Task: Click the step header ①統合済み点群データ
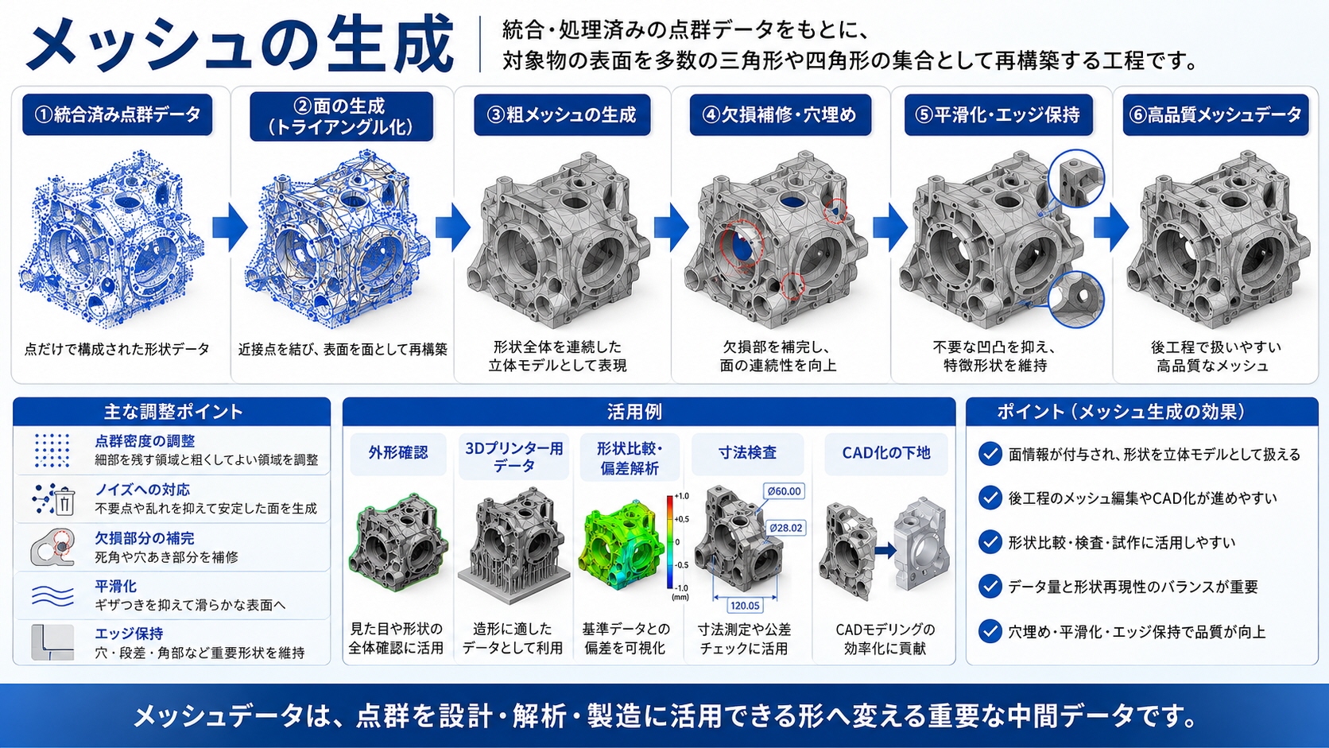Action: (118, 114)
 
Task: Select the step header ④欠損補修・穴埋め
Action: (781, 114)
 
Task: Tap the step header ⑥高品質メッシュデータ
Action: (1215, 114)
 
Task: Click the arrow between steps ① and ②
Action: (230, 227)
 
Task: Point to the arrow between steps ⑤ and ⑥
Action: (1111, 227)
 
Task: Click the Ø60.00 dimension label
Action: (784, 491)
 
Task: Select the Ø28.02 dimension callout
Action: (785, 528)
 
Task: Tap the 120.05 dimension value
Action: (745, 606)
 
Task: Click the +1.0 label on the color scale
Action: (681, 496)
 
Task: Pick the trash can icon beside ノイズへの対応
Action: (64, 502)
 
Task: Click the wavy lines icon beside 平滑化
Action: (52, 595)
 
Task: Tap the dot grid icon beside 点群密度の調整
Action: (52, 450)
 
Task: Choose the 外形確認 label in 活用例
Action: (398, 452)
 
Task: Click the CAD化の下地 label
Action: (885, 452)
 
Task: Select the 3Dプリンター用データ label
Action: (513, 457)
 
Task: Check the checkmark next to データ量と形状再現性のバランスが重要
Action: (990, 586)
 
